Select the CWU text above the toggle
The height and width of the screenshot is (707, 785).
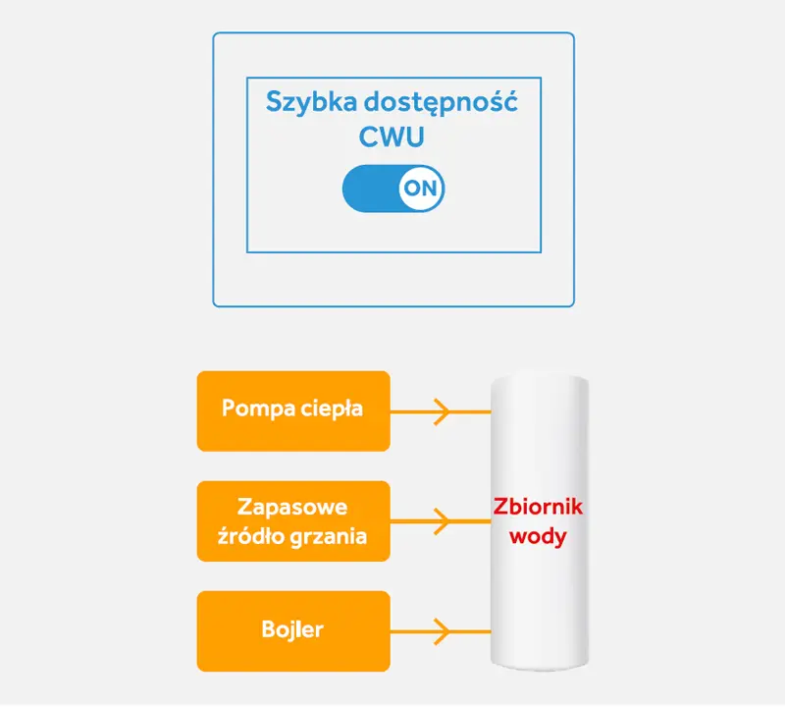point(392,137)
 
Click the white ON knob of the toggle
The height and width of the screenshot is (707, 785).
point(421,189)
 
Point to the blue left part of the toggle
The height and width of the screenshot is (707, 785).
point(368,189)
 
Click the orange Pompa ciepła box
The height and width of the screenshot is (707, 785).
point(293,410)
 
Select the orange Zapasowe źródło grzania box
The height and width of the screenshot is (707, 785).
point(293,521)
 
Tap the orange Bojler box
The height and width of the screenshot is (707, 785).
point(293,630)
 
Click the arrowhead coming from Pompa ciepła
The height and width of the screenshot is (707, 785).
point(443,411)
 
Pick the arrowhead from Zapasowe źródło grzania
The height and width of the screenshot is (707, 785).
point(443,521)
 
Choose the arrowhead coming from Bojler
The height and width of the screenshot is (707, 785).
point(443,630)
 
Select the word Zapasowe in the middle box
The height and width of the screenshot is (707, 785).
point(293,507)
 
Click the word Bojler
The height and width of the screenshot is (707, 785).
point(293,629)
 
